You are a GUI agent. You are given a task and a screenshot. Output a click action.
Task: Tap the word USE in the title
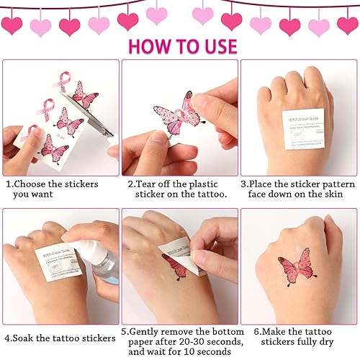(214, 46)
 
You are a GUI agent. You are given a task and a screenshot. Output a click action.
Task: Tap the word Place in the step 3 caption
(265, 184)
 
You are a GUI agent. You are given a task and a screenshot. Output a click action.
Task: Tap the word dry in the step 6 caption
(322, 343)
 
